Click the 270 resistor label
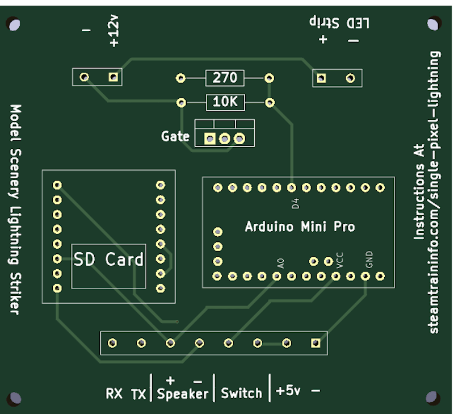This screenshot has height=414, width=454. pos(225,78)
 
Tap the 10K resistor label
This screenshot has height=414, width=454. pos(225,103)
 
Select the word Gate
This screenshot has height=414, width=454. pos(175,136)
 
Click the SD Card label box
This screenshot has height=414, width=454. pos(108,260)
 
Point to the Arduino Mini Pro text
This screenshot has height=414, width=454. pos(300,227)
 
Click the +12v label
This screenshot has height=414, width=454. pos(113,32)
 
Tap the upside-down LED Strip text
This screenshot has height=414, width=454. pos(339,23)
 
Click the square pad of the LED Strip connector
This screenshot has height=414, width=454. pos(321,78)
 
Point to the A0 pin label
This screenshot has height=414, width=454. pos(280,264)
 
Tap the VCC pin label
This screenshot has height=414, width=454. pos(340,260)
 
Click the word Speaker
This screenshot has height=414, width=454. pos(183,393)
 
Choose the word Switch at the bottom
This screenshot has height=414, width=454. pos(241,393)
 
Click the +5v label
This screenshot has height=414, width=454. pos(288,391)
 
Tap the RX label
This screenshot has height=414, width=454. pos(113,393)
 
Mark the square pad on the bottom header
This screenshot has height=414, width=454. pos(316,342)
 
